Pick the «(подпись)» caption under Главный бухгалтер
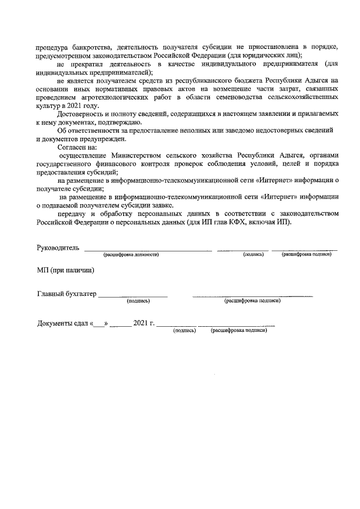click(x=138, y=301)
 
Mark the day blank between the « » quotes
click(x=100, y=324)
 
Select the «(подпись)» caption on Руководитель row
click(x=254, y=255)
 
